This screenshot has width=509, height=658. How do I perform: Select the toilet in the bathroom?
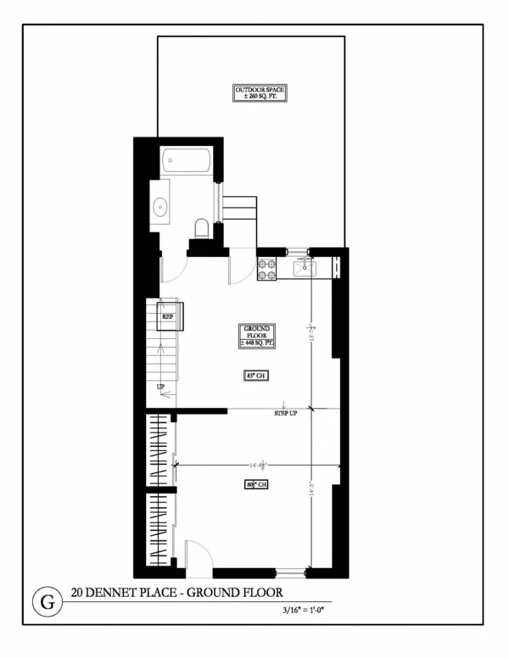pyautogui.click(x=201, y=227)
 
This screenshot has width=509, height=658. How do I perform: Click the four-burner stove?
pyautogui.click(x=267, y=269)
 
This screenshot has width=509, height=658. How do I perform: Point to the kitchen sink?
pyautogui.click(x=305, y=269)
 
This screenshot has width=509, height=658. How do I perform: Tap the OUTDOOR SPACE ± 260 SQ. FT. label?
pyautogui.click(x=261, y=92)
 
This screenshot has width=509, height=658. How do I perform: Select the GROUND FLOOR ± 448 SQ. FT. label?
pyautogui.click(x=257, y=337)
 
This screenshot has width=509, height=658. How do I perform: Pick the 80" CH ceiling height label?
pyautogui.click(x=257, y=484)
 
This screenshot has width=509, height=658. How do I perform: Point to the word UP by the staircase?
pyautogui.click(x=159, y=388)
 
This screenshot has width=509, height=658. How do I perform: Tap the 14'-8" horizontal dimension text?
pyautogui.click(x=258, y=464)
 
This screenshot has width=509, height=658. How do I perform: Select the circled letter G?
pyautogui.click(x=47, y=603)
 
